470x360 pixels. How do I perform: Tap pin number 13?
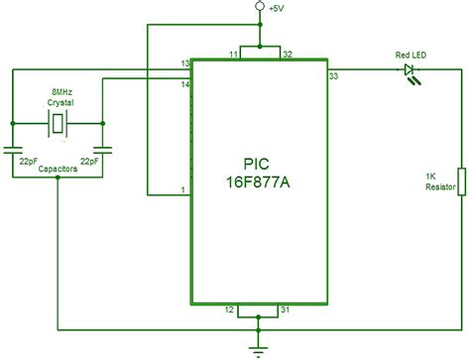coord(184,63)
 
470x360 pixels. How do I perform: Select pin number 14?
coord(184,86)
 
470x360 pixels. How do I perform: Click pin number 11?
coord(234,53)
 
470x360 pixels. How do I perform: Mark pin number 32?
coord(287,53)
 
